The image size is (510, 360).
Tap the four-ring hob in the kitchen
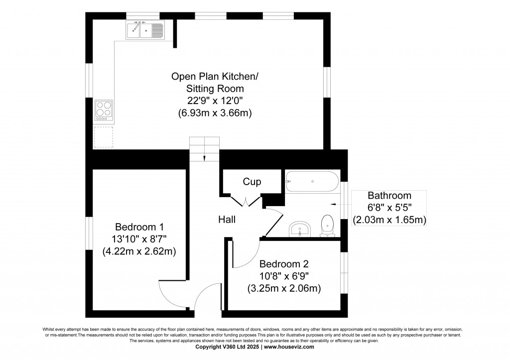(x=104, y=111)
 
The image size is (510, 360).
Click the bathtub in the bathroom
(x=312, y=181)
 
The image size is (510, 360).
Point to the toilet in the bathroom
(x=327, y=225)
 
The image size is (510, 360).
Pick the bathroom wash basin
(x=300, y=230)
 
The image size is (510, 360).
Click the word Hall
(x=227, y=219)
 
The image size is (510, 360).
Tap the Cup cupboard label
(x=252, y=182)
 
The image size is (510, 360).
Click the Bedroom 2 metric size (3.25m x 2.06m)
(x=283, y=288)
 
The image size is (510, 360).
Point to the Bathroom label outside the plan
(x=389, y=196)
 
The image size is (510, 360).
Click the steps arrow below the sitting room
(x=204, y=158)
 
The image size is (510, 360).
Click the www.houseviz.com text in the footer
(x=289, y=348)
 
